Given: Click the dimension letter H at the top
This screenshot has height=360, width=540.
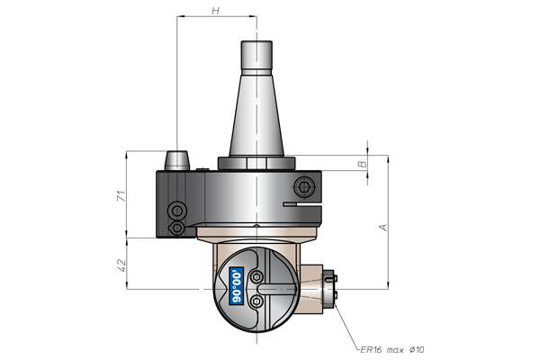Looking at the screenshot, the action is [216, 11].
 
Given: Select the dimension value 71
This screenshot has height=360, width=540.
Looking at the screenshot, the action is [121, 196].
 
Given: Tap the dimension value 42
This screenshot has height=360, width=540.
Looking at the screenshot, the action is [121, 265].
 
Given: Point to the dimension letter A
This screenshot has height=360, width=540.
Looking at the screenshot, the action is [383, 228].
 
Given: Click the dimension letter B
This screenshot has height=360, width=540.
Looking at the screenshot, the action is [363, 164].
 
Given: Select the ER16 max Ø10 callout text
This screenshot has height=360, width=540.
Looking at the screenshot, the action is [392, 350].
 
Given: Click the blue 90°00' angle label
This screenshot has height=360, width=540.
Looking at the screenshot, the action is [237, 286].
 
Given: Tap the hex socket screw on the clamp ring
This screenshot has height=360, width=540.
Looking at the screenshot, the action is [304, 187].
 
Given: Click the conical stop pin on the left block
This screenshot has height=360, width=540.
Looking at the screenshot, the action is [177, 160].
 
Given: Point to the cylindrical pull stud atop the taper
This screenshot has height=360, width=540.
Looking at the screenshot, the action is [256, 58].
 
